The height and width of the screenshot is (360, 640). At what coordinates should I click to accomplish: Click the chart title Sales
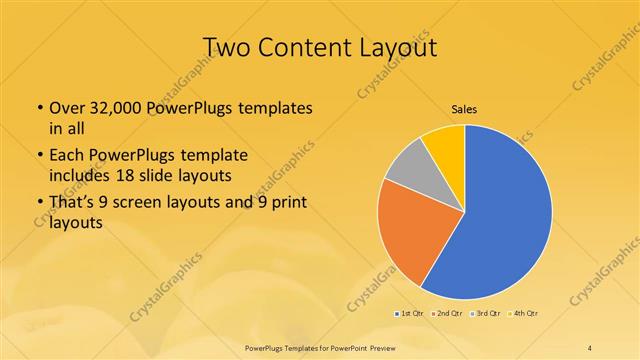pyautogui.click(x=463, y=108)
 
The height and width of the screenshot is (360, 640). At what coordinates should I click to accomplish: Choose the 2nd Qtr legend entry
pyautogui.click(x=446, y=313)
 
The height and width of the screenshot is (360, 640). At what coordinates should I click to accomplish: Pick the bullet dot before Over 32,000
pyautogui.click(x=39, y=107)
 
